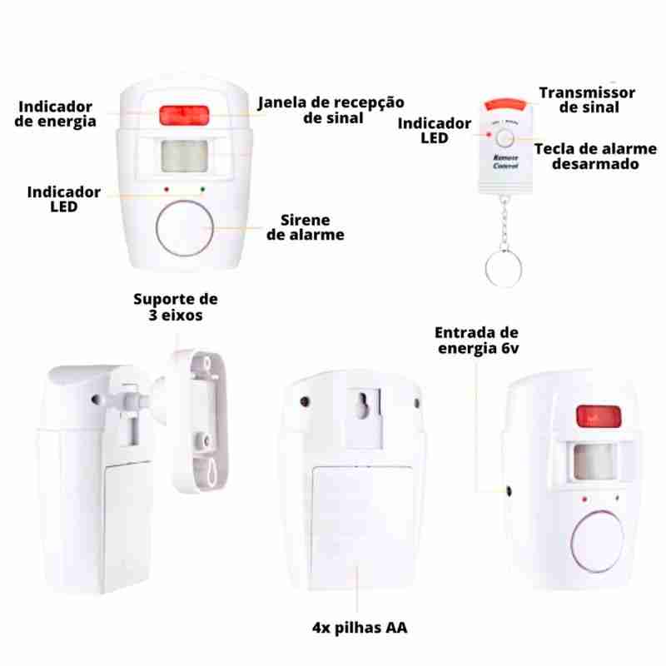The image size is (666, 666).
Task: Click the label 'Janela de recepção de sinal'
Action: (x=331, y=110)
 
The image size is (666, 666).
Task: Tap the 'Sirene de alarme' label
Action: (x=306, y=227)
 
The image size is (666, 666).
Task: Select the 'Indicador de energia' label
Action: (x=55, y=114)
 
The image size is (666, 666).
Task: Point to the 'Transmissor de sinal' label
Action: (x=588, y=100)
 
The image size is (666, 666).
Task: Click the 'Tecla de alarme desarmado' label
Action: (x=595, y=157)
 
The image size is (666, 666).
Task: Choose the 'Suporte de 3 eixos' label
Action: (x=176, y=306)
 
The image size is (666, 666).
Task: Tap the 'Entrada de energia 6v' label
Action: (x=477, y=340)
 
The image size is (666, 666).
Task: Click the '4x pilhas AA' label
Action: (x=360, y=628)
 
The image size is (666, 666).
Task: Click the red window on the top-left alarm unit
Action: (x=184, y=116)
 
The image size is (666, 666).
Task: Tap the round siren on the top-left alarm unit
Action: (x=184, y=228)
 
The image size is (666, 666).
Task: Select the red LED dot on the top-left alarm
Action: (x=166, y=190)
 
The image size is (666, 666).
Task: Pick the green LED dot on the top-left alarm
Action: (x=202, y=189)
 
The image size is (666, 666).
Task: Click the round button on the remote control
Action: (x=505, y=138)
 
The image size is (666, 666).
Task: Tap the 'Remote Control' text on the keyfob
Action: (x=505, y=162)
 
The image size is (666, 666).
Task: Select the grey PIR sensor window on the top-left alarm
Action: (x=184, y=157)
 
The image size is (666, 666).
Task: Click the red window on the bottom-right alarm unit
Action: (x=599, y=416)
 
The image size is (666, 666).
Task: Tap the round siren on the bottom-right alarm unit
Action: (x=598, y=542)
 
